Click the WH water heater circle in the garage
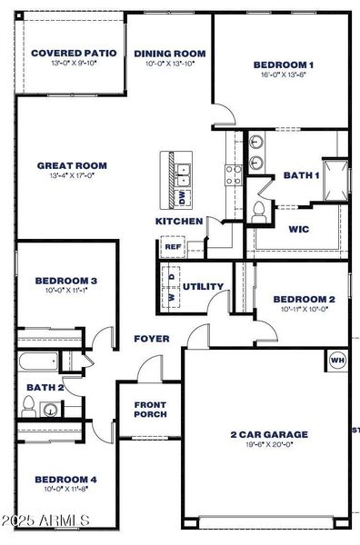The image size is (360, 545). pos(337,361)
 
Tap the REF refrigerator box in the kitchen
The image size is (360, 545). pos(172,245)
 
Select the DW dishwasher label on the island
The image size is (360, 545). pos(182,194)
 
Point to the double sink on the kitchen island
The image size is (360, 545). pos(182,168)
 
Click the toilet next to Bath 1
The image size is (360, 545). pos(259,211)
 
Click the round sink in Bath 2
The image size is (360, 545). pos(51,410)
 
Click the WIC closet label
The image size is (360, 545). pos(298,229)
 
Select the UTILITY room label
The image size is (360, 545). pos(203,287)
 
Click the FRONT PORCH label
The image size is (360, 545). pos(150,410)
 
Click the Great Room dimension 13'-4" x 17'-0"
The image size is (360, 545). pos(72,176)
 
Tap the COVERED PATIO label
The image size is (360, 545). pos(73,54)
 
